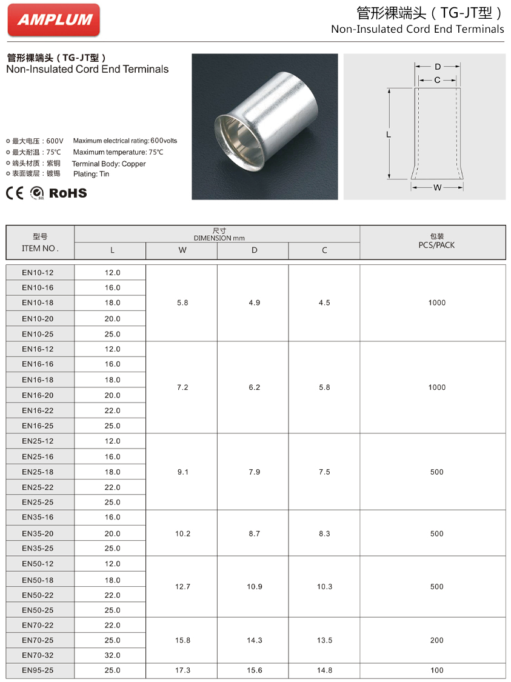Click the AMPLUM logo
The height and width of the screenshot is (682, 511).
pos(54,20)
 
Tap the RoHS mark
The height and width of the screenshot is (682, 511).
pos(68,193)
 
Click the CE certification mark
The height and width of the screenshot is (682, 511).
pos(15,193)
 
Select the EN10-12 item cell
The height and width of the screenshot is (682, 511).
pos(38,272)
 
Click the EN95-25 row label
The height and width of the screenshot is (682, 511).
pos(38,670)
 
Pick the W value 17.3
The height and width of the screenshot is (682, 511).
pos(182,670)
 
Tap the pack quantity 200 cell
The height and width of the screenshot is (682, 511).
pos(436,640)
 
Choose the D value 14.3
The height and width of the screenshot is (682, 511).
pos(254,640)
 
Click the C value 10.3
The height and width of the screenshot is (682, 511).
pos(324,587)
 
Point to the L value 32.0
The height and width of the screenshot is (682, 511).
pos(113,655)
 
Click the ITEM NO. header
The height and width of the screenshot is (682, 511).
pos(40,248)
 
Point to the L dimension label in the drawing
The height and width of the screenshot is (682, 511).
pos(388,135)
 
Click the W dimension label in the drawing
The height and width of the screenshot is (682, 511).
pos(437,188)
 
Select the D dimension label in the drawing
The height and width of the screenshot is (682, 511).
pos(437,67)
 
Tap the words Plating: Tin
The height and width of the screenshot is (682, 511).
pos(90,174)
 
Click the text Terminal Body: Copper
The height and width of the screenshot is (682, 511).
pos(109,164)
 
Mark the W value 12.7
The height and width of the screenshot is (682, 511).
pos(182,587)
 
